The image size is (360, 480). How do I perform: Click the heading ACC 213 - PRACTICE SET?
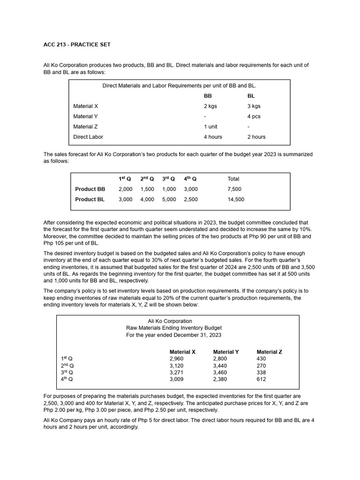[x=77, y=45]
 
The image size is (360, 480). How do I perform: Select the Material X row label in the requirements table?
[x=85, y=106]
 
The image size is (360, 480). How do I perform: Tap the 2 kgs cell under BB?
[x=210, y=106]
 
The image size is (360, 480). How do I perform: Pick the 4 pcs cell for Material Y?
[x=254, y=116]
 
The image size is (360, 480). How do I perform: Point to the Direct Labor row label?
[x=88, y=137]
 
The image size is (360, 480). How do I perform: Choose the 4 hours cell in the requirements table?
[x=213, y=137]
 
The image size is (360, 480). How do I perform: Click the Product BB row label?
[x=90, y=189]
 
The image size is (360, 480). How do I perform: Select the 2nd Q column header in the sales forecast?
[x=147, y=179]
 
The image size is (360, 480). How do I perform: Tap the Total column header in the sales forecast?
[x=233, y=179]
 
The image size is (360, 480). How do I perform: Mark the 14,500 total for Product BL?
[x=235, y=199]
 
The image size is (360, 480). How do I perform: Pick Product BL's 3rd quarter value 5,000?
[x=169, y=199]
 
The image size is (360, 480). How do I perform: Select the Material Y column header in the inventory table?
[x=226, y=352]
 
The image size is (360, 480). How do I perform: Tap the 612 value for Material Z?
[x=261, y=379]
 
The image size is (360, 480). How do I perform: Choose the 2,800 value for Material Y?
[x=219, y=359]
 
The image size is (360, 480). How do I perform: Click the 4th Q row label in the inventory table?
[x=67, y=379]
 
